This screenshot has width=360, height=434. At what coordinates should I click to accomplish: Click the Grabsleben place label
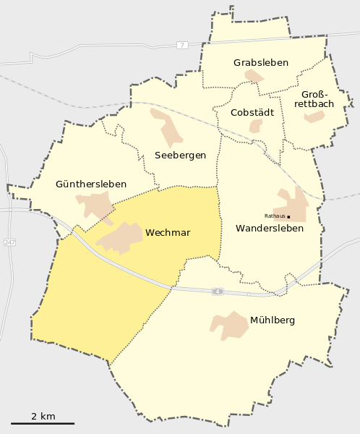(261, 63)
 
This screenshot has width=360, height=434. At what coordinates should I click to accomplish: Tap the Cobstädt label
(252, 112)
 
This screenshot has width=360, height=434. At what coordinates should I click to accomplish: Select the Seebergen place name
(181, 155)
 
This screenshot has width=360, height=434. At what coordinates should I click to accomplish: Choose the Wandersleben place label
(270, 229)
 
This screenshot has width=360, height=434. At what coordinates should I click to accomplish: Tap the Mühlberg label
(273, 320)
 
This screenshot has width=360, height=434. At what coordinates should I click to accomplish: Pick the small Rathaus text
(275, 216)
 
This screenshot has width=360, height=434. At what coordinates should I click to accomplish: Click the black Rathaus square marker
(288, 216)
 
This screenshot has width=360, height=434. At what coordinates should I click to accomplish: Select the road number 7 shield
(181, 45)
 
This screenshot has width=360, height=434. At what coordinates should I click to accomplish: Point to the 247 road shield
(9, 242)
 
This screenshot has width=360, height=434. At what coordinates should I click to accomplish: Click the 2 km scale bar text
(43, 416)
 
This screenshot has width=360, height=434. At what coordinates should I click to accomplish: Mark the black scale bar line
(43, 423)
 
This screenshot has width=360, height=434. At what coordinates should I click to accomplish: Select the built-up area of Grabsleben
(254, 76)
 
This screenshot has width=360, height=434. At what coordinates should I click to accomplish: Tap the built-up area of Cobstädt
(255, 126)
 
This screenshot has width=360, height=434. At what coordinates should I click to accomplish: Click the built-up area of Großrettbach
(314, 116)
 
